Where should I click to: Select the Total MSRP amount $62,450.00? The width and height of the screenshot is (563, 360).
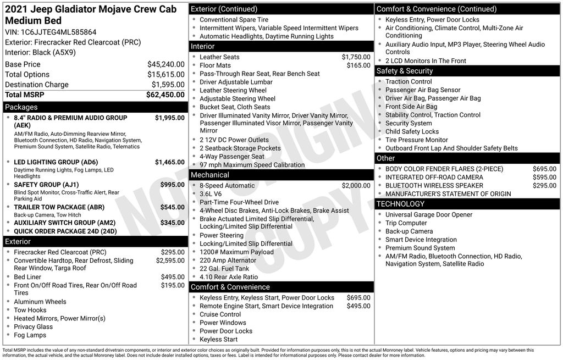165,95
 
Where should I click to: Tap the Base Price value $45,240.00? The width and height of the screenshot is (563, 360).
165,64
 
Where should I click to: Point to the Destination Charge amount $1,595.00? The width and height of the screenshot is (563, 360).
168,85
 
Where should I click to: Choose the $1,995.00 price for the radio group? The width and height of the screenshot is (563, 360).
169,118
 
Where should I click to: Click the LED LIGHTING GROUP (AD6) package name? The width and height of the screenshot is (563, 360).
56,162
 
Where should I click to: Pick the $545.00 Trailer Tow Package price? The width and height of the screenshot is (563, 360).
172,207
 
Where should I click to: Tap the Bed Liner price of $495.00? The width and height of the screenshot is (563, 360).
172,277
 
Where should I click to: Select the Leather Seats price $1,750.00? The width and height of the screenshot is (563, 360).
356,57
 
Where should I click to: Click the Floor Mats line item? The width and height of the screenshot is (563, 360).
215,65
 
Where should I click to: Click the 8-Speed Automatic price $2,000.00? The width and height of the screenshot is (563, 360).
356,186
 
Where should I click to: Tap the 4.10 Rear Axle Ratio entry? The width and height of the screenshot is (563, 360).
228,277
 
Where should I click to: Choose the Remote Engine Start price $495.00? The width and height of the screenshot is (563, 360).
358,306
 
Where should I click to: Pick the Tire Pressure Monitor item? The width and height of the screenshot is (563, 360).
416,140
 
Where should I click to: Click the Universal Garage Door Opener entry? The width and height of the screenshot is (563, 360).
428,215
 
